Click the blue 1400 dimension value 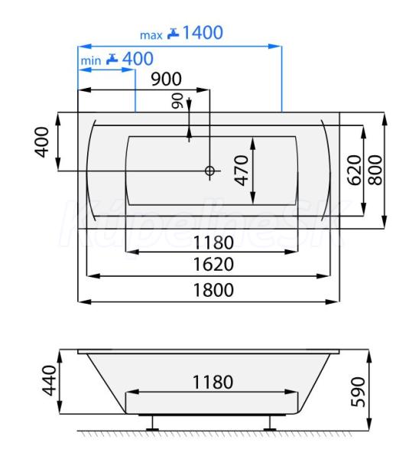(203, 32)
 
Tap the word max (151, 35)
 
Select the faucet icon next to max (173, 34)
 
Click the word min (91, 60)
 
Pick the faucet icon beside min (112, 59)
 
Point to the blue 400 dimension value (138, 58)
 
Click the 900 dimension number (166, 79)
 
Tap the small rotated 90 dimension (177, 101)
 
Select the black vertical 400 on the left (42, 142)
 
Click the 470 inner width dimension (242, 171)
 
